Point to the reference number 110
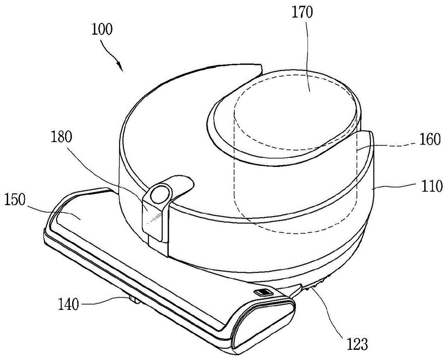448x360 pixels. (429, 185)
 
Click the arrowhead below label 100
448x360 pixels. (121, 68)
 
